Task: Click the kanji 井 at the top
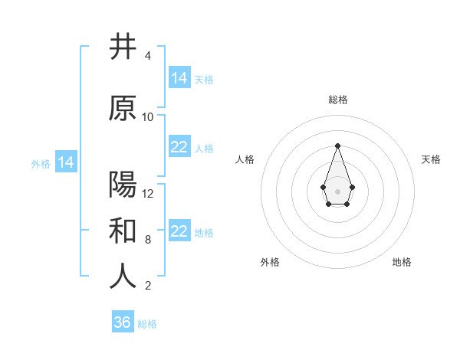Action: pos(123,47)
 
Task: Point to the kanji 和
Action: pos(123,231)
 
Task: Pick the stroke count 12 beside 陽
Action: pos(148,194)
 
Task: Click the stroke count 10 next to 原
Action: pos(148,117)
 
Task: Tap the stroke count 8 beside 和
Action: pos(148,240)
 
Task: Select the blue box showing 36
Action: pos(123,322)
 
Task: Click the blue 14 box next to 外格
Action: pos(65,162)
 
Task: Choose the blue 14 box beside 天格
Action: pos(179,77)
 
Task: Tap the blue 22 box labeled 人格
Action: pos(179,147)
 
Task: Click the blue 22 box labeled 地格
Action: pos(179,231)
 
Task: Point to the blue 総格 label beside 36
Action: pos(147,324)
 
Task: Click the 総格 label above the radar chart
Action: pos(337,100)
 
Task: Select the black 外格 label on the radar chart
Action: pos(270,262)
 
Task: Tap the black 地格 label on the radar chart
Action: pos(402,262)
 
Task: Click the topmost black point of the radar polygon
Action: pos(337,146)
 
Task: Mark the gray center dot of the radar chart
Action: pos(337,191)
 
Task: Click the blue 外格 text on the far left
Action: pos(40,163)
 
